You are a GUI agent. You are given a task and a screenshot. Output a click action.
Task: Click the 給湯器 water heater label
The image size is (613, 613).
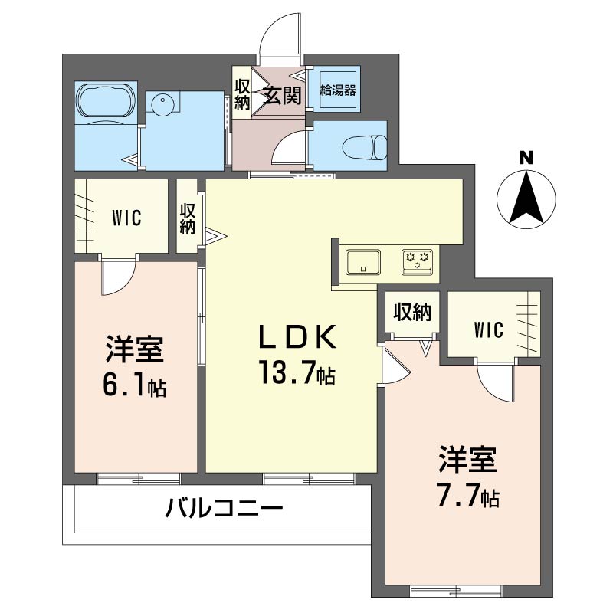[x=338, y=90]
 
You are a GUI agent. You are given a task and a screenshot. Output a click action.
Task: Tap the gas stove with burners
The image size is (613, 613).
[x=417, y=261]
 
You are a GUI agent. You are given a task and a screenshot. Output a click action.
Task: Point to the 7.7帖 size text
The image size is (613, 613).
[x=468, y=497]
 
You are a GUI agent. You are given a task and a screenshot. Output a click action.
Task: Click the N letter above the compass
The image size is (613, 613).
[x=526, y=158]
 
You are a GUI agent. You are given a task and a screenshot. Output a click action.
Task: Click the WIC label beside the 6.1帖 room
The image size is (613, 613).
[x=126, y=218]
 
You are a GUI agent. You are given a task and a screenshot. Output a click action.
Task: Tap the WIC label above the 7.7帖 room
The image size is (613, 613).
[x=488, y=330]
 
